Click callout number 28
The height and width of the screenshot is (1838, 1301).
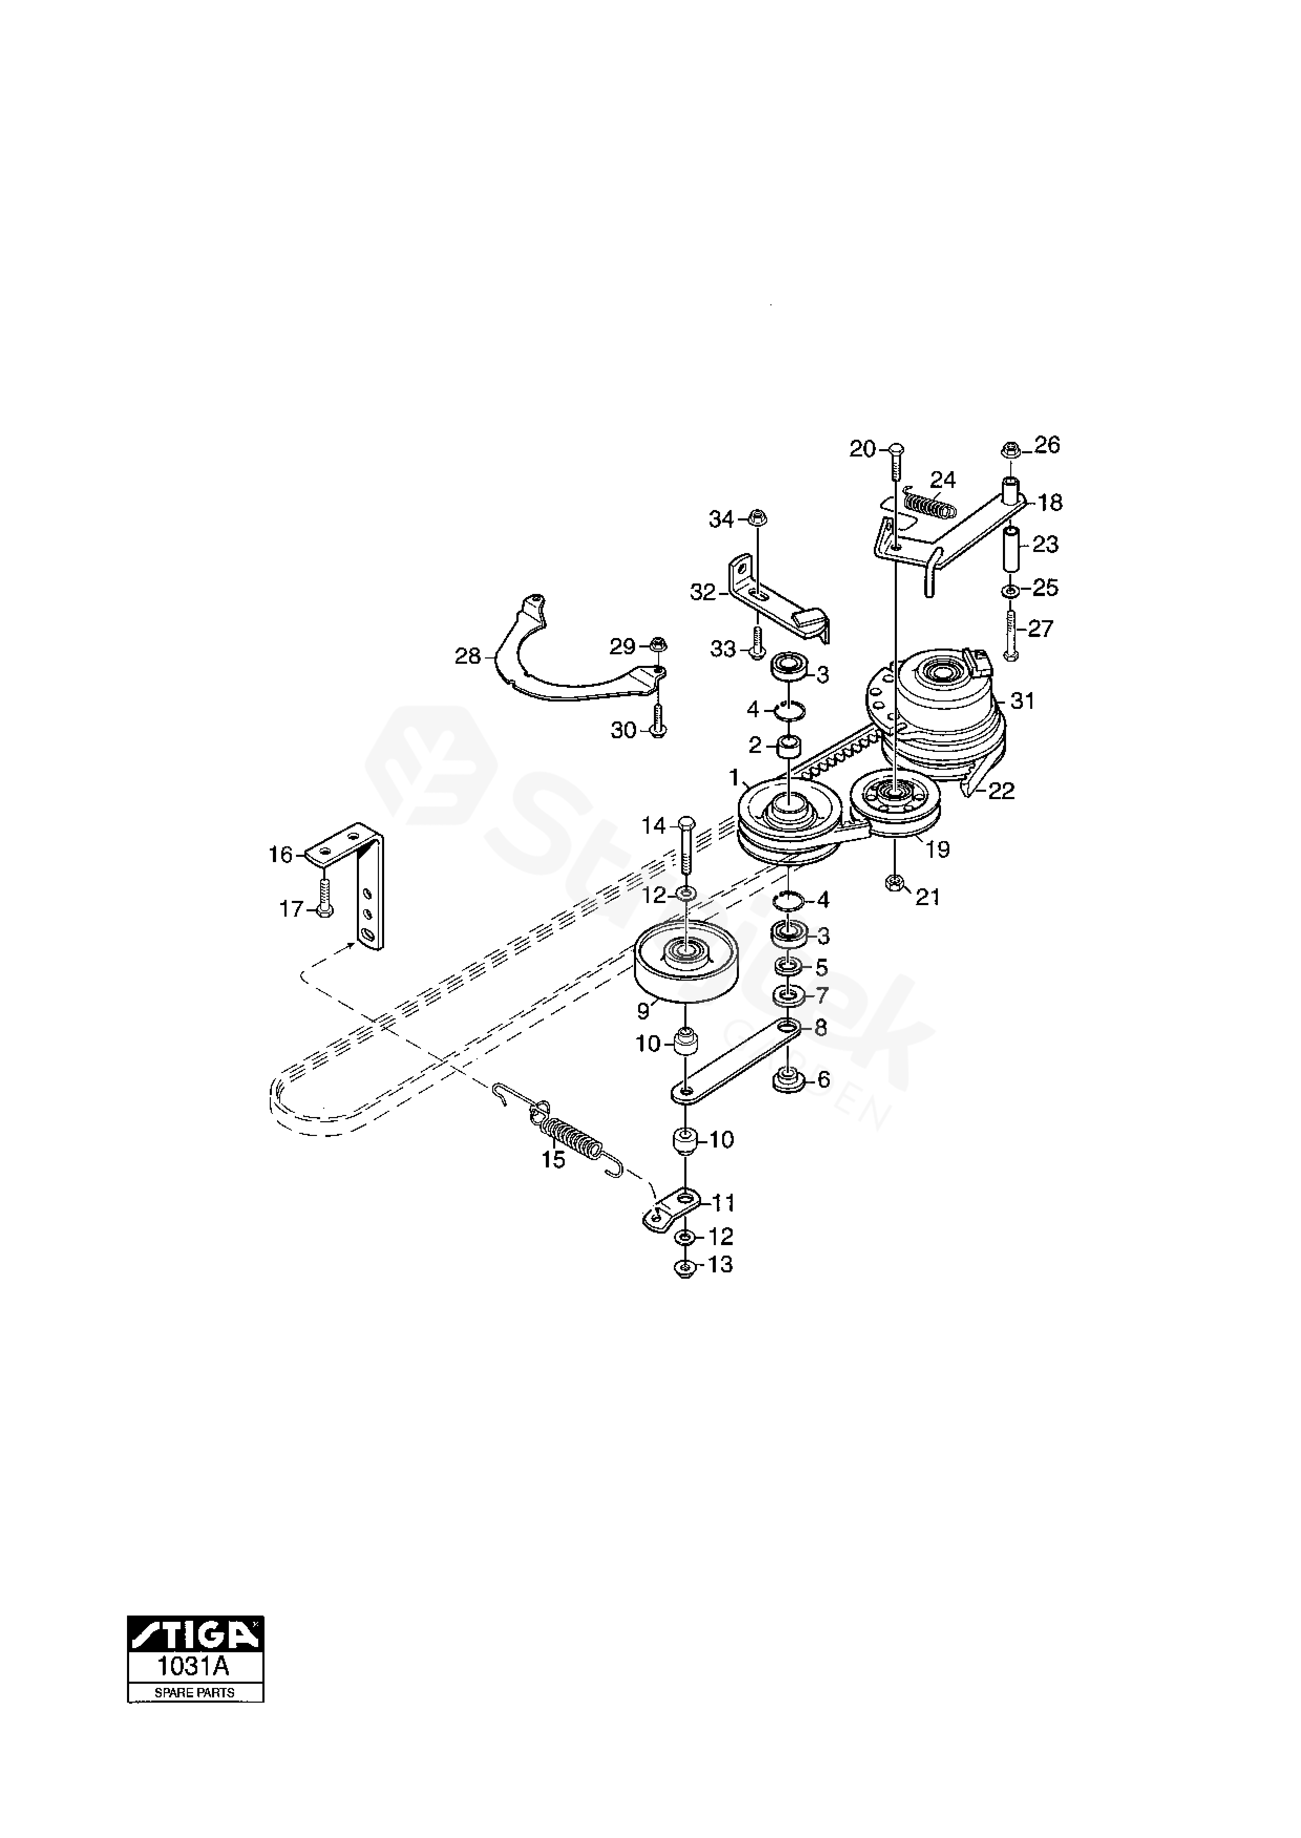pos(468,657)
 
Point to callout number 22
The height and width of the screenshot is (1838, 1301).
pos(1001,791)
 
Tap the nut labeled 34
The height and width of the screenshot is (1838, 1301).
pos(757,518)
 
